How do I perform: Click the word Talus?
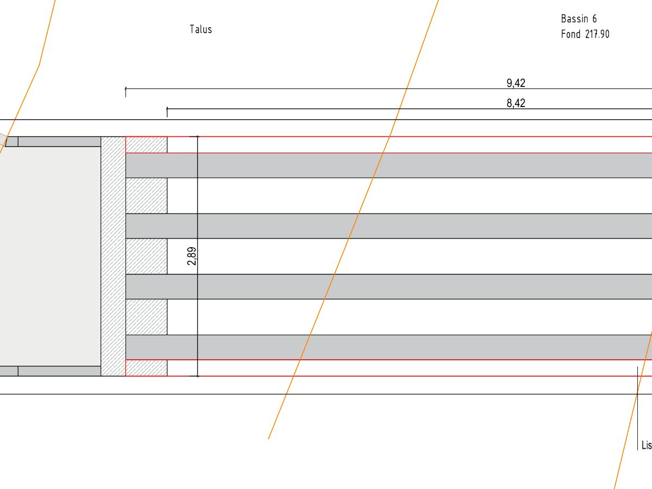pos(200,29)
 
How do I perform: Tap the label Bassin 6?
pos(579,19)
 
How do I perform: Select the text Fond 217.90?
pos(585,34)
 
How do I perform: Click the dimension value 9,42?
pos(516,83)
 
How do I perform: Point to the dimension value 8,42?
pos(516,103)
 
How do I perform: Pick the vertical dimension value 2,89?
pos(192,256)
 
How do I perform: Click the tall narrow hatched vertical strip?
pos(113,256)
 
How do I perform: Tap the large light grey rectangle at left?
pos(49,256)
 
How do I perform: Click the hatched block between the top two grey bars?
pos(146,196)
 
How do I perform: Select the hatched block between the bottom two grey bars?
pos(146,317)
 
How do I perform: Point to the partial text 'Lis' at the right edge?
pos(646,446)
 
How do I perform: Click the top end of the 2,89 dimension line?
pos(197,137)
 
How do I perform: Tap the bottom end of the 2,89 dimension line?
pos(197,376)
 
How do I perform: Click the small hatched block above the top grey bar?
pos(146,145)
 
